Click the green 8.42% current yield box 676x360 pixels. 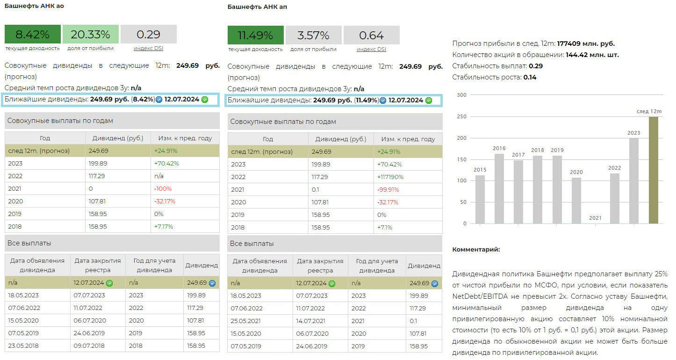pos(33,34)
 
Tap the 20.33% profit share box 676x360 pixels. pos(90,34)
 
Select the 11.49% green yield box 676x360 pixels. pos(255,35)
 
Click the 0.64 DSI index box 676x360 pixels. pos(371,35)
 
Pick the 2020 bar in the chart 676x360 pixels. pos(576,200)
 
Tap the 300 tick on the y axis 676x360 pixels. pos(461,95)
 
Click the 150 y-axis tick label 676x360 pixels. pos(461,159)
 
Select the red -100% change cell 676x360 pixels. pos(163,188)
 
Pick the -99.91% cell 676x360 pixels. pos(388,190)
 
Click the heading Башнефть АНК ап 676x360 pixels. pos(257,7)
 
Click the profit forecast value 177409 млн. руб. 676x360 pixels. pos(586,43)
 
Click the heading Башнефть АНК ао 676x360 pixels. pos(34,6)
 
